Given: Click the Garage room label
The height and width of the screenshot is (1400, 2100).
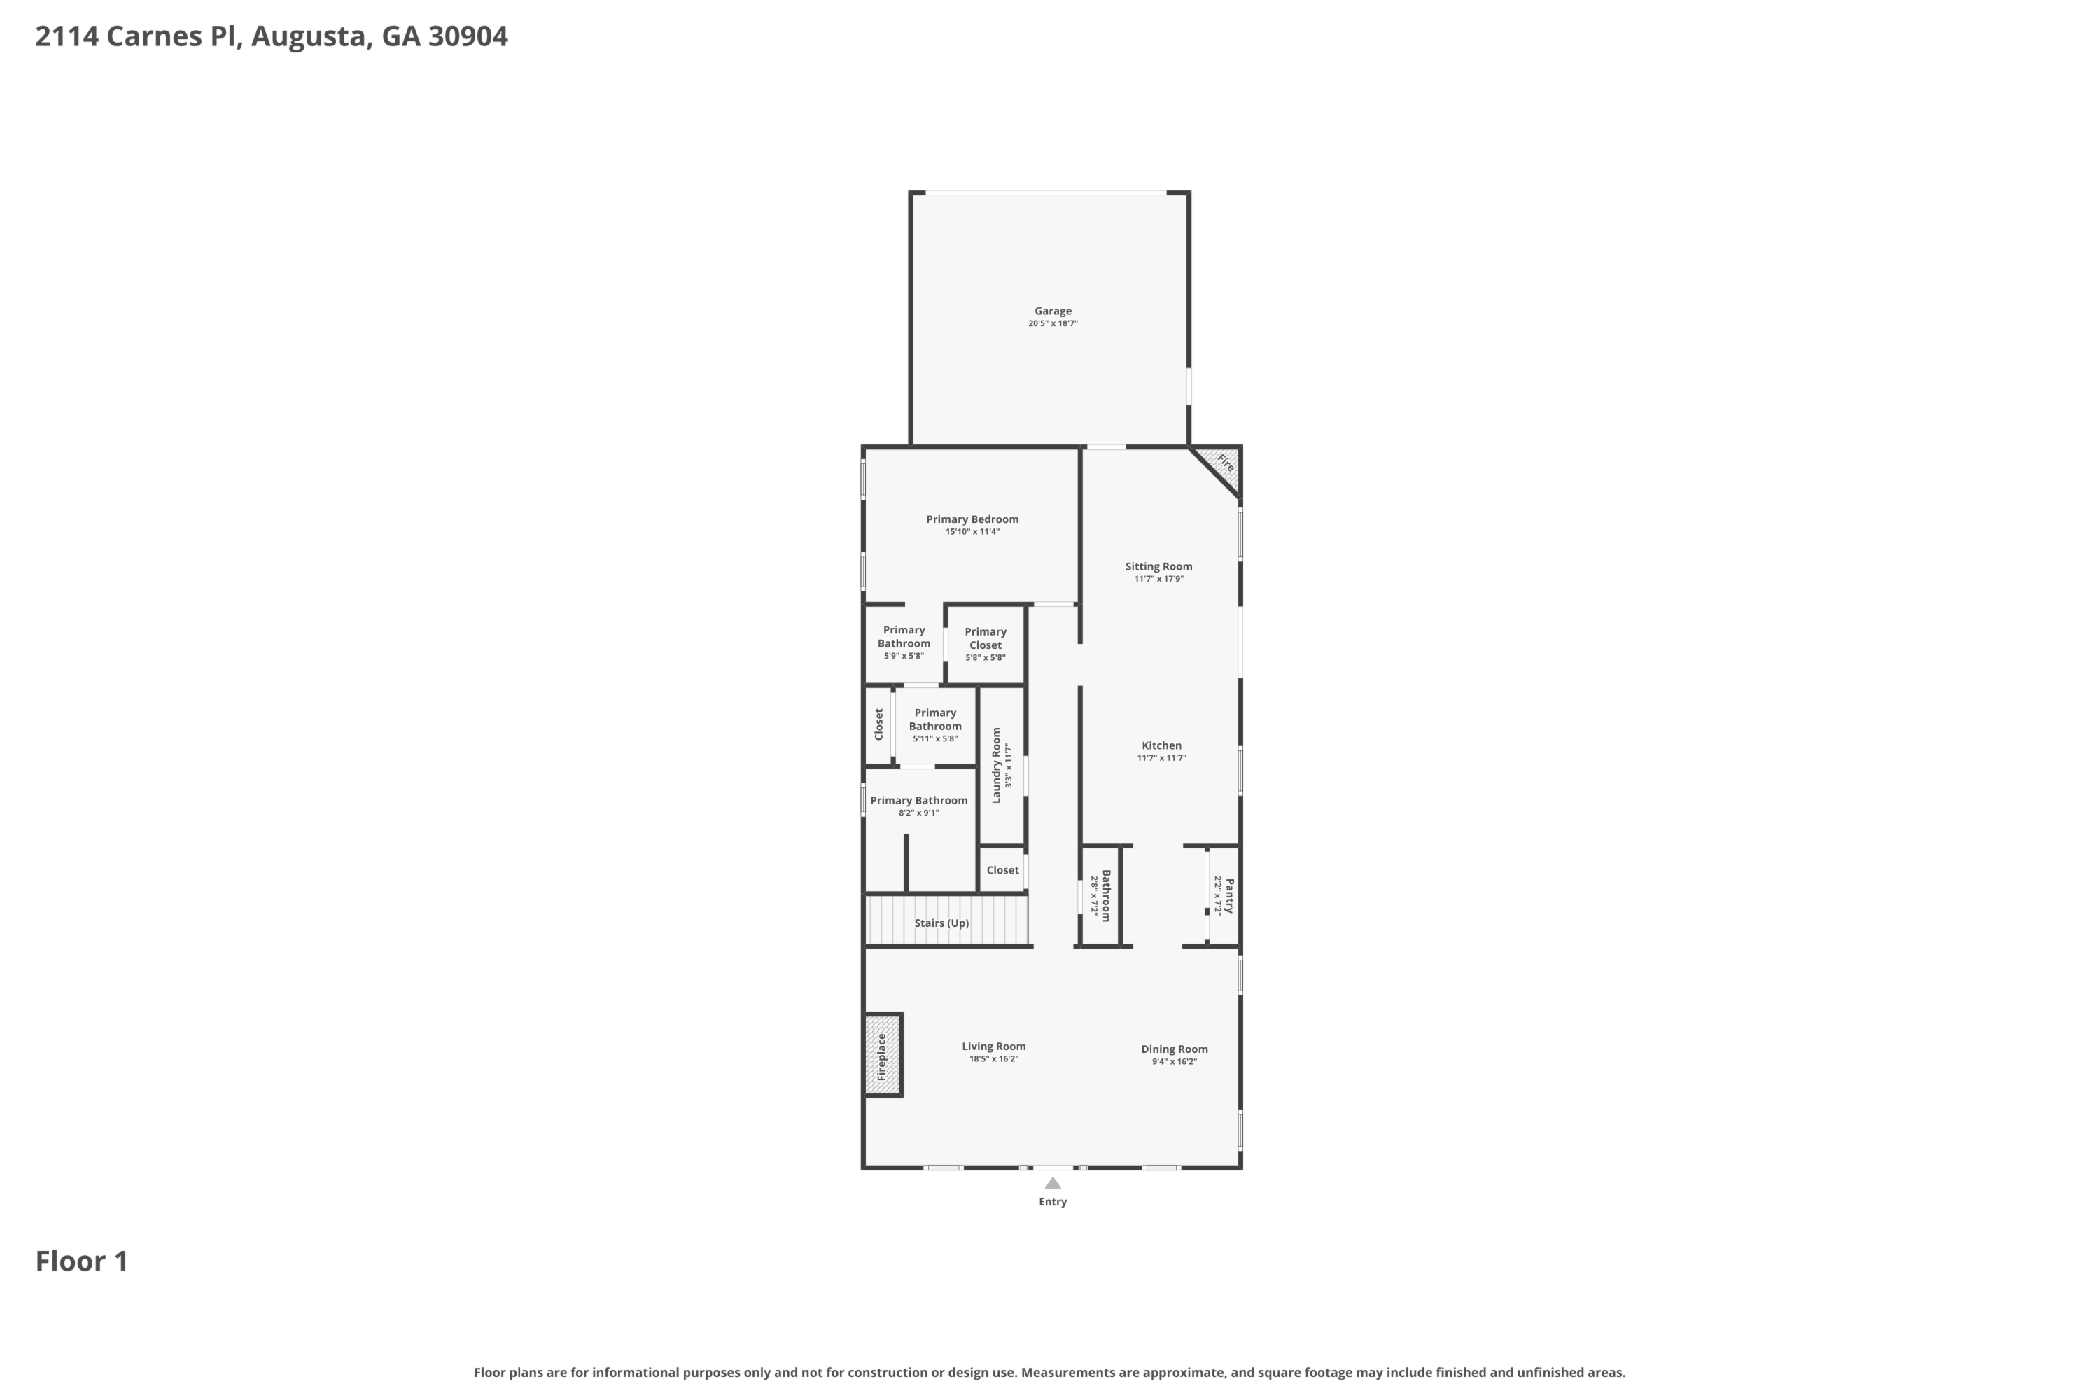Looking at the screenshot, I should (x=1053, y=311).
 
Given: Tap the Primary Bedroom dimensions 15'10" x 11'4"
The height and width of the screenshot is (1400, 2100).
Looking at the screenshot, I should (x=972, y=532).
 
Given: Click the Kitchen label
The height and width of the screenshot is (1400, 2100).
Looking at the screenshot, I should (x=1161, y=745).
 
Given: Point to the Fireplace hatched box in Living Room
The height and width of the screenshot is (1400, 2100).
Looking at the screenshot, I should (x=882, y=1056).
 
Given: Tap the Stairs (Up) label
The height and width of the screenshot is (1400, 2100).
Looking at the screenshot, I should (x=941, y=923).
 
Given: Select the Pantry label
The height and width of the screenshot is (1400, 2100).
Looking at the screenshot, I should (x=1228, y=895).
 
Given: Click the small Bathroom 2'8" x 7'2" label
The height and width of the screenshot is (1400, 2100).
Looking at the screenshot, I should (x=1105, y=895).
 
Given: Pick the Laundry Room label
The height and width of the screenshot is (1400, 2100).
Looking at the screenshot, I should (x=996, y=765).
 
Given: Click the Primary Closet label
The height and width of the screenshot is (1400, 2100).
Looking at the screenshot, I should (x=985, y=638).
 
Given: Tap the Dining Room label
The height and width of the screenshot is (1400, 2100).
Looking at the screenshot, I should (x=1174, y=1049).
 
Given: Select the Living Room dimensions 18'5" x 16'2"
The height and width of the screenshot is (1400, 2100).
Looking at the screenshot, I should (x=994, y=1059).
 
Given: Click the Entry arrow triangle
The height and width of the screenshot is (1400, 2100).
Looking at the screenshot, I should (x=1053, y=1183).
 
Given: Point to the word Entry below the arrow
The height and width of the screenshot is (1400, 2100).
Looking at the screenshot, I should (x=1053, y=1202).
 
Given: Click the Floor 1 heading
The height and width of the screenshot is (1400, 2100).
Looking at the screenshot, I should (x=81, y=1261).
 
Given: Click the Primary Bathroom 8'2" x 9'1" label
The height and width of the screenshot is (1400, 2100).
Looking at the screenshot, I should (x=918, y=801).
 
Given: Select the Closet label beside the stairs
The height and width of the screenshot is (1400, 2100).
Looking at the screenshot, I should (x=1002, y=869).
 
